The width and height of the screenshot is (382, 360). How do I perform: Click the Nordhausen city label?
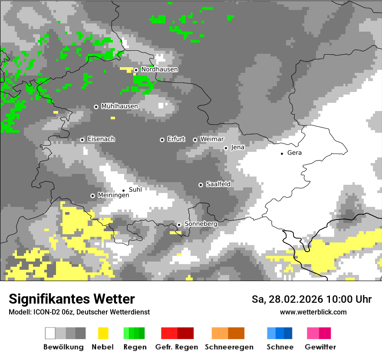tap(159, 69)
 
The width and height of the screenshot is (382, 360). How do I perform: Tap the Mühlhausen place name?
tap(119, 106)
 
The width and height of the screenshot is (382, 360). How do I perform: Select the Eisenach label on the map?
tap(101, 139)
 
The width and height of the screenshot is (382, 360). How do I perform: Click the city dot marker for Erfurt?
tap(162, 140)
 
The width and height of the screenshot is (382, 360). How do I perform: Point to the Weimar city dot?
tap(195, 140)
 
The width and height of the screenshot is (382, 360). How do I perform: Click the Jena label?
tap(237, 147)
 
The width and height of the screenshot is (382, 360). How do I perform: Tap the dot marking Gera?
tap(282, 153)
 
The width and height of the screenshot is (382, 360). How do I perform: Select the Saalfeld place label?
tap(218, 184)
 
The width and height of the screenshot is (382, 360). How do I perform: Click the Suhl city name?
tap(135, 190)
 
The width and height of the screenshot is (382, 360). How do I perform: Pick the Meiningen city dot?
tap(92, 196)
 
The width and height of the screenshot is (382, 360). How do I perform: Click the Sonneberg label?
tap(201, 224)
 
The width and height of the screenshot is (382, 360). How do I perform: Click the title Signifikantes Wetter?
tap(72, 299)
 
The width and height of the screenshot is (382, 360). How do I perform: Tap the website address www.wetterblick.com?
tap(313, 312)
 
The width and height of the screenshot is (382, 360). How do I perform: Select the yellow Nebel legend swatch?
tap(103, 333)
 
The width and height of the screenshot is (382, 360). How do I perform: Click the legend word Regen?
tap(134, 347)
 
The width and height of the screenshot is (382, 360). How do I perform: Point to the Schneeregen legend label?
tap(229, 347)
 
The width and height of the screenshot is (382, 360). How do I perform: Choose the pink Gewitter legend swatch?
tap(319, 333)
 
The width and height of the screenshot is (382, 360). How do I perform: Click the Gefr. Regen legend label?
tap(176, 347)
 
